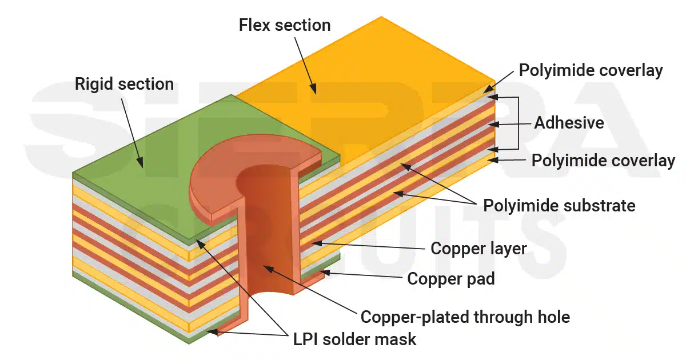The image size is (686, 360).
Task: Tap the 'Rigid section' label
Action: pyautogui.click(x=124, y=85)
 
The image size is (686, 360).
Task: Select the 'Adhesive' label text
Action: pyautogui.click(x=568, y=122)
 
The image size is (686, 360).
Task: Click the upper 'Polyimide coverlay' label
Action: pyautogui.click(x=591, y=70)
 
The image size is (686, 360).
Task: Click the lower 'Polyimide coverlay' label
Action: pyautogui.click(x=603, y=161)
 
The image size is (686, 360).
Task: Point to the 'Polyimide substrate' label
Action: pyautogui.click(x=559, y=205)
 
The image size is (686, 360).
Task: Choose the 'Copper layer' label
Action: pyautogui.click(x=478, y=248)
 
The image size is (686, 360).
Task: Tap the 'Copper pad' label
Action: pyautogui.click(x=450, y=279)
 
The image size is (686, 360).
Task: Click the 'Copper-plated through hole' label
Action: pyautogui.click(x=465, y=316)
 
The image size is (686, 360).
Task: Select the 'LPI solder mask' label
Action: pyautogui.click(x=354, y=339)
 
